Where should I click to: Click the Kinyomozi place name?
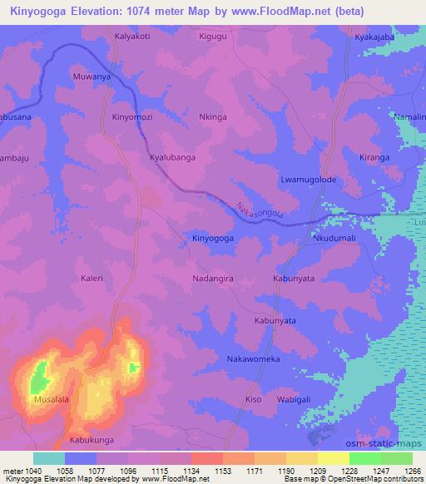pos(133,118)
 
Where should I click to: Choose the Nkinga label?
pos(214,118)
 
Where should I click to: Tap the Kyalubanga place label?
pos(172,157)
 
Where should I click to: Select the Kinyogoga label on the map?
pos(213,239)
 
